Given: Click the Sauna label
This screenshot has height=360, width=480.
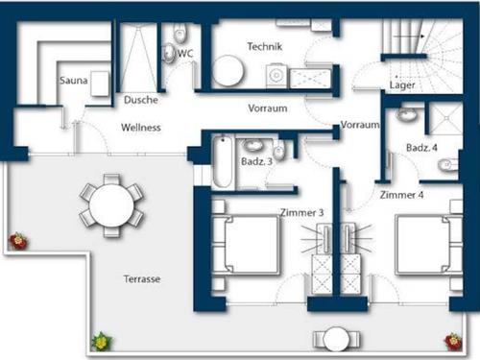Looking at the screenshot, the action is pos(74,80).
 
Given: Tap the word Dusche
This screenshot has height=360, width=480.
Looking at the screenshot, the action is pos(141,100).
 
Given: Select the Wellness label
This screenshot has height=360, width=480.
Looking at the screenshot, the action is pos(141,128).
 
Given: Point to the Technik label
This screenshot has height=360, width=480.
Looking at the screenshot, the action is pos(265,46).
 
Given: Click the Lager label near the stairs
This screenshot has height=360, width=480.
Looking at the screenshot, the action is pos(402,85).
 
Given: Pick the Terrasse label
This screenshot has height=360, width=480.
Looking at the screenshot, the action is pos(142,279).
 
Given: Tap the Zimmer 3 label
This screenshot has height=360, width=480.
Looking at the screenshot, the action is pos(302,212).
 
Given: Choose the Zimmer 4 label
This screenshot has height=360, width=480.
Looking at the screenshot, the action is pos(401,195).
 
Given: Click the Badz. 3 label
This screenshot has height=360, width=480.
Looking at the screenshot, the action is pos(256,161).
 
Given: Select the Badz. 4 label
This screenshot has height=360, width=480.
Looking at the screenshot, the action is pos(421,148).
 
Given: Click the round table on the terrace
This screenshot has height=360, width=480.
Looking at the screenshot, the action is pos(111,205).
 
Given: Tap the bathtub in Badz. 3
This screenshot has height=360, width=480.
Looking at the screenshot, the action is pos(223,162).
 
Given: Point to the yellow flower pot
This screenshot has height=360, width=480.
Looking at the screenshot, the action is pos(102,341).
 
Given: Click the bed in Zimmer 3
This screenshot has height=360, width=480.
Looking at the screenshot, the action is pos(246,245).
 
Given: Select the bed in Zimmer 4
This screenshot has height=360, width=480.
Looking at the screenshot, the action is pos(429,245).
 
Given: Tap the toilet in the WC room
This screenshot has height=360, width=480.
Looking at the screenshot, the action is pos(180,34).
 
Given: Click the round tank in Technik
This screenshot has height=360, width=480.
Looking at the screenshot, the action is pos(228,71).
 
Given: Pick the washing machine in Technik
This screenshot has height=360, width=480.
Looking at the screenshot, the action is pos(276,76).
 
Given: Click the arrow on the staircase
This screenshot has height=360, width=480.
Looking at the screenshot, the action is pos(409,36).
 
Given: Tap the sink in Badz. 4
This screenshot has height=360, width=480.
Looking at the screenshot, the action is pos(407,114).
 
